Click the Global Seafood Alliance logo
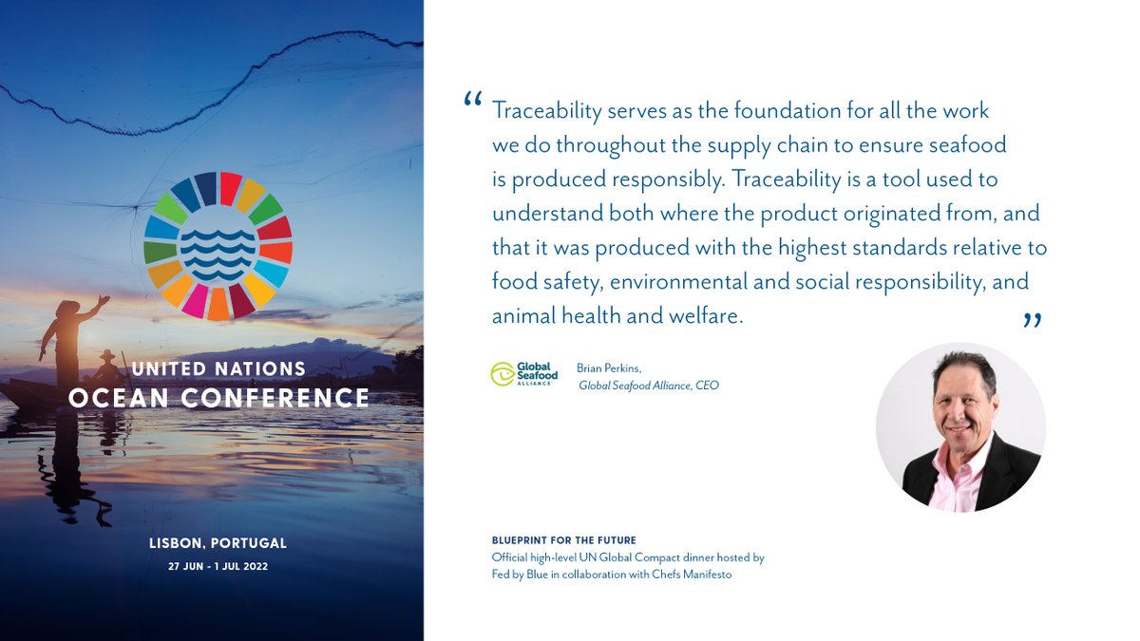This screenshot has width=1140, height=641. coord(523,373)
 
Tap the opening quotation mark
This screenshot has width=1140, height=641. coord(472,101)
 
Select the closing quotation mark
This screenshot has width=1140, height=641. coord(1033,322)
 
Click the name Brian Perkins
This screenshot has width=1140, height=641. coord(607,368)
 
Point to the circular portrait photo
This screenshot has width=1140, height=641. coord(960,427)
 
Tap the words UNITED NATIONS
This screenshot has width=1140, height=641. coord(218,368)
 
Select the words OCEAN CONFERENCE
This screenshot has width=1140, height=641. coord(218,398)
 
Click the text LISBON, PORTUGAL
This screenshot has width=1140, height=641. coord(218,544)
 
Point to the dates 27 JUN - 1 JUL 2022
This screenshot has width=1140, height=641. coord(218,567)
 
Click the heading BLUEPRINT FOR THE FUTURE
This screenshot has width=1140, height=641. coord(558,540)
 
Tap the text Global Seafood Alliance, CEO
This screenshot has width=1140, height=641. coord(649,386)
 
